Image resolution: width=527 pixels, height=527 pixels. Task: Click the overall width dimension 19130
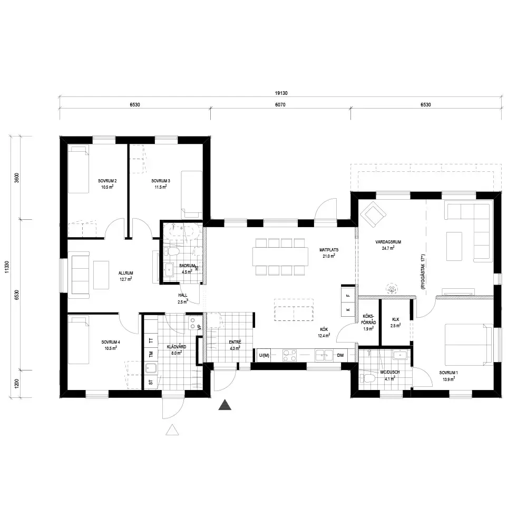tap(281, 93)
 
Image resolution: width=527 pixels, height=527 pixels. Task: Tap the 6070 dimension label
tap(280, 104)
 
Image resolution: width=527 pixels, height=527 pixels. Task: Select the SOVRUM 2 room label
tap(107, 181)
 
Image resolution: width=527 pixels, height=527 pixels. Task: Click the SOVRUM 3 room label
tap(160, 181)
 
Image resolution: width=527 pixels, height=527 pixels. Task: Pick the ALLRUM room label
tap(126, 273)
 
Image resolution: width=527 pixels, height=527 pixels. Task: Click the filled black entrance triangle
tap(225, 405)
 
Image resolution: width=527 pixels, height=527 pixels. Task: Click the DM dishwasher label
tap(340, 355)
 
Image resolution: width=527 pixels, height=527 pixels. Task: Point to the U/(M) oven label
tap(264, 355)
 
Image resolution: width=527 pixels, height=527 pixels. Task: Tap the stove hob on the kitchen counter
tap(289, 356)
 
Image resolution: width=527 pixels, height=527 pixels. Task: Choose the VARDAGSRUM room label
tap(388, 242)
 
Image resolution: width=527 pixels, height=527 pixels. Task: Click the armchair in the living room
tap(373, 213)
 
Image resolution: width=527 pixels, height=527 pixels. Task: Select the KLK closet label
tap(396, 320)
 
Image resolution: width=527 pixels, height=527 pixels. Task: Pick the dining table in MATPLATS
tap(280, 257)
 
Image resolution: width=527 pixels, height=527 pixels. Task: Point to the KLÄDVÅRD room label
tap(177, 347)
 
